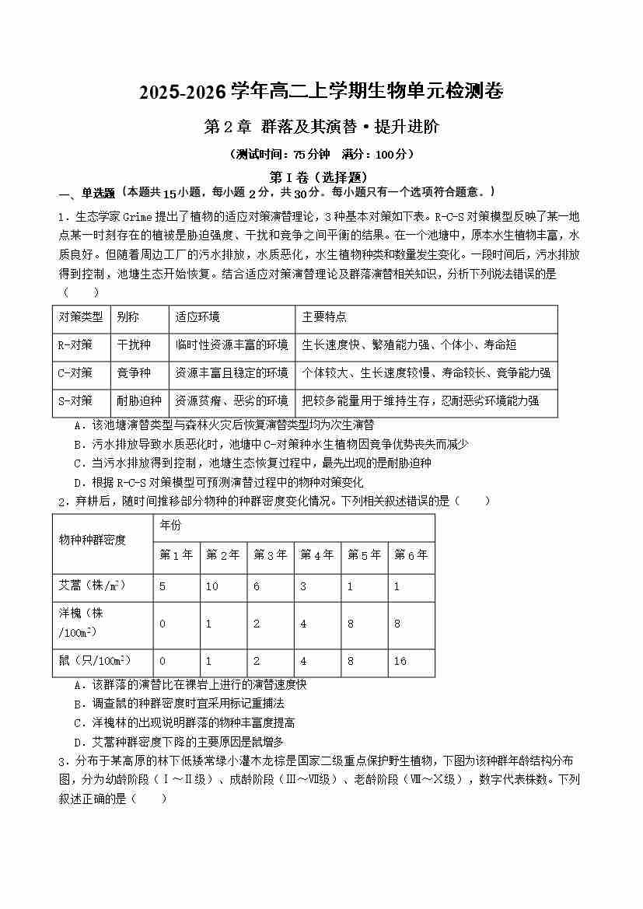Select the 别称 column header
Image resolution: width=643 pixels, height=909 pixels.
(x=128, y=317)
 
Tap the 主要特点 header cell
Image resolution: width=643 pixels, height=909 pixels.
(x=324, y=317)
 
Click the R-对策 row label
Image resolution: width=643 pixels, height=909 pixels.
(x=75, y=344)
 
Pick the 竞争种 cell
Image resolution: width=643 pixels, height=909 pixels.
(x=134, y=372)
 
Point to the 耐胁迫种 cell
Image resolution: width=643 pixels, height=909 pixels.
(x=139, y=401)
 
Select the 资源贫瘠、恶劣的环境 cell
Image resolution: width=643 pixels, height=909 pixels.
(x=232, y=401)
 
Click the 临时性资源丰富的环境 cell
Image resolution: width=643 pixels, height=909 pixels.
(x=232, y=344)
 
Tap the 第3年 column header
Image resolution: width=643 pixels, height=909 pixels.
(x=271, y=554)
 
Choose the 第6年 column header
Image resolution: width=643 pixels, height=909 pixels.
(x=411, y=554)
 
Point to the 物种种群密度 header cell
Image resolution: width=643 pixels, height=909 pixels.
(x=93, y=540)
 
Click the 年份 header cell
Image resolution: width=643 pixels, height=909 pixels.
(x=170, y=526)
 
